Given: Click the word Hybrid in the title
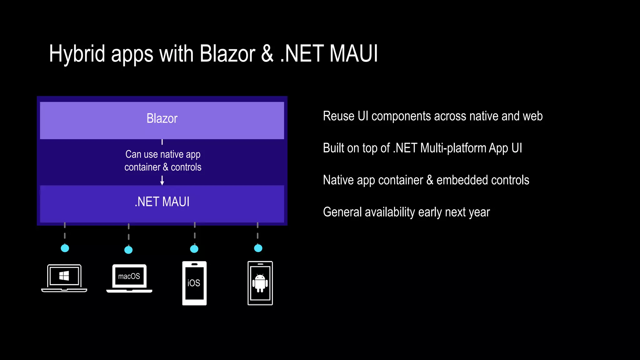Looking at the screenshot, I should coord(77,54).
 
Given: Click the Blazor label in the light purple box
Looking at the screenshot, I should coord(162,119).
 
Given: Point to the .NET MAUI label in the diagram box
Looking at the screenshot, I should coord(162,202).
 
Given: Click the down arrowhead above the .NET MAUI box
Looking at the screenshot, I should coord(162,183).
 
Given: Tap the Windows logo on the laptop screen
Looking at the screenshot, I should coord(64,276).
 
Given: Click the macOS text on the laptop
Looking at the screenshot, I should coord(129,276).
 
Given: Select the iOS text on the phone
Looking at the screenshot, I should coord(194,283).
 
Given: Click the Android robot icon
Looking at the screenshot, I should coord(260,283).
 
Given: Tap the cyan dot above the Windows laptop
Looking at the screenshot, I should coord(65,248).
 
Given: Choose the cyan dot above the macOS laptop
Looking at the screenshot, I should coord(128,250).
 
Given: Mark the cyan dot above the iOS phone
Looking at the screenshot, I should coord(194,249).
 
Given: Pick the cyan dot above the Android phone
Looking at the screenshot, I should coord(258,248).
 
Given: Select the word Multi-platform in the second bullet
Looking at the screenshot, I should coord(453,148).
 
